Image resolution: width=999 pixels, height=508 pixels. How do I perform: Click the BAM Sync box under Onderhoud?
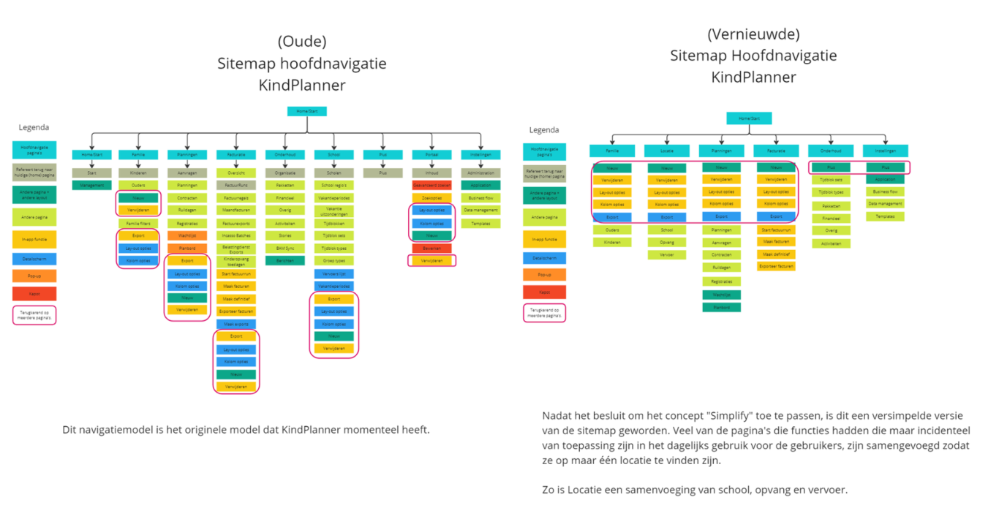(284, 248)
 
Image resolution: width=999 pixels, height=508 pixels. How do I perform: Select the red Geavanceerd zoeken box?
(431, 186)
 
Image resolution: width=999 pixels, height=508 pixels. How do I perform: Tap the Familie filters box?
(138, 223)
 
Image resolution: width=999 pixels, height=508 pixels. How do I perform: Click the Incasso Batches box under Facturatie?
(235, 235)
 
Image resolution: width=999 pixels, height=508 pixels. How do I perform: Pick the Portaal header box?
(431, 154)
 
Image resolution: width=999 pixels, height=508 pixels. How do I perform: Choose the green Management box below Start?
(91, 186)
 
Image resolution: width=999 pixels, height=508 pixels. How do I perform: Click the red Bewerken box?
(431, 249)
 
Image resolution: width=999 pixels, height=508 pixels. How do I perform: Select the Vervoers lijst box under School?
(333, 273)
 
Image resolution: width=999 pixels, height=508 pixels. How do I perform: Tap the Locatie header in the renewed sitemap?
(666, 151)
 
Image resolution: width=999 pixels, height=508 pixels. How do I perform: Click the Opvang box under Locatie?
(666, 242)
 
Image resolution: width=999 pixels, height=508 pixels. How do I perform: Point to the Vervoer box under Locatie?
(666, 254)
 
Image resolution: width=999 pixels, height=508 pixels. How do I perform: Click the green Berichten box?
(284, 260)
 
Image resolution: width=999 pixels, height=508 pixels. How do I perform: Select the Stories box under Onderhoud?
(284, 235)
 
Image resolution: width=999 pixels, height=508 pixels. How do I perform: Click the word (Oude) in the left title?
(301, 41)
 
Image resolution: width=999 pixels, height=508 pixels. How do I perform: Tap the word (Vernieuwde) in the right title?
(753, 34)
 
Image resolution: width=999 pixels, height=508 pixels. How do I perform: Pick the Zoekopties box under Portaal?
(431, 198)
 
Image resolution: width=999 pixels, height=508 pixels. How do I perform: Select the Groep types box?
(333, 260)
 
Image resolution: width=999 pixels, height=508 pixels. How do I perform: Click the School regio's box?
(333, 186)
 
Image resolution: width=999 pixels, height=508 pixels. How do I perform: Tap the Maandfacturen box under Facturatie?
(235, 211)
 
